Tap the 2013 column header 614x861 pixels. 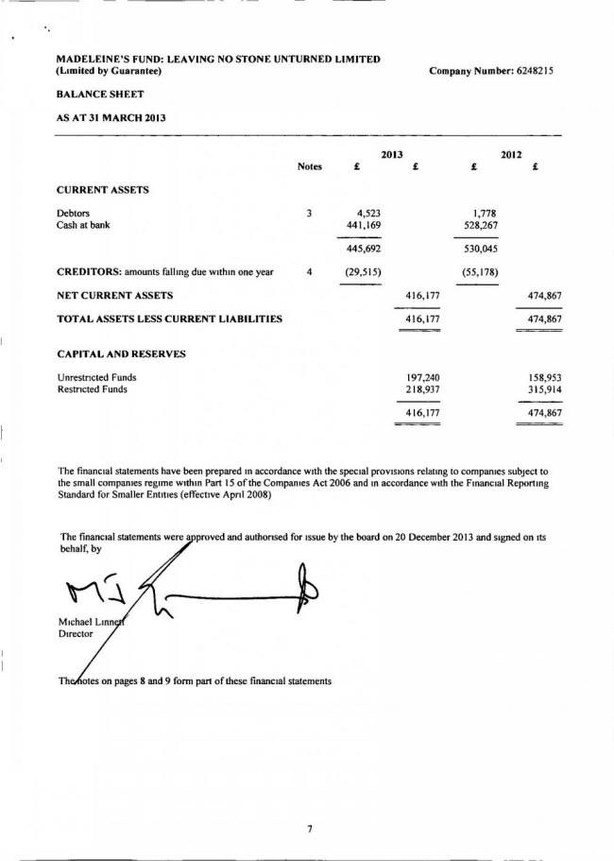[x=392, y=153]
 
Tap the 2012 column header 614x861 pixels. [x=512, y=153]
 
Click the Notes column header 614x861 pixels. [x=310, y=166]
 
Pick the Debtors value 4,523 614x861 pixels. [x=364, y=213]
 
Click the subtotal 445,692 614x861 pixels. [x=362, y=250]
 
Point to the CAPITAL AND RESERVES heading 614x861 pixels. [x=122, y=353]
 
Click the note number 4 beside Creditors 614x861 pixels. [x=310, y=272]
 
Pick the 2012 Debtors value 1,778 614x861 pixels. [x=484, y=213]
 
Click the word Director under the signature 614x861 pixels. [x=76, y=635]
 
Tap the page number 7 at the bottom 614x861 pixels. [x=309, y=829]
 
